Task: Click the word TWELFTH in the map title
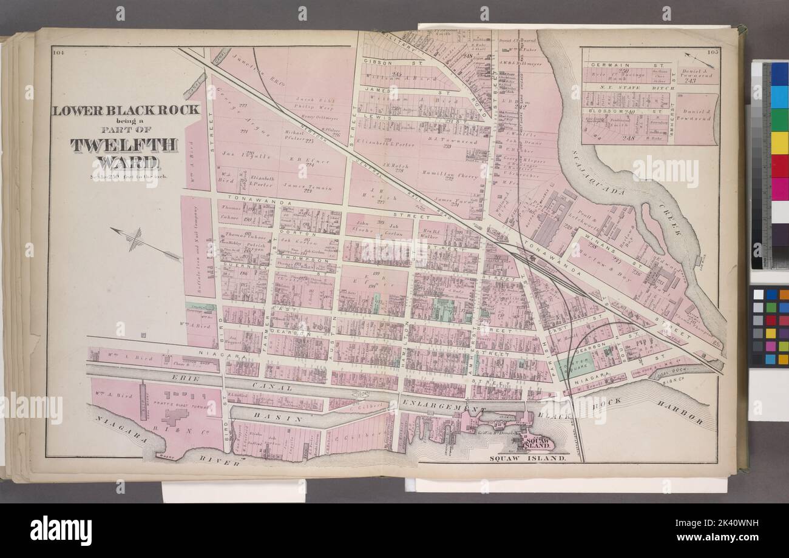pos(124,145)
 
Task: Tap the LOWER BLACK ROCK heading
pos(126,110)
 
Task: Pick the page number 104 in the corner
pos(58,52)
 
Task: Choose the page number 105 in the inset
pos(712,52)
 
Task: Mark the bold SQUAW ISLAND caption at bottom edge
pos(527,459)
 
